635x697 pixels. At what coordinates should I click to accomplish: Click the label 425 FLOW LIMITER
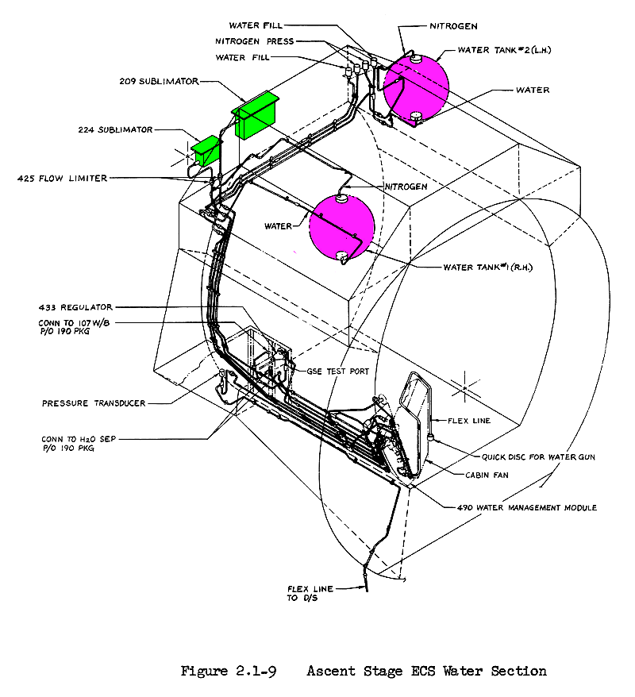62,179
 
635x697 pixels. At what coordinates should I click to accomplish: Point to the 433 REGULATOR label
76,306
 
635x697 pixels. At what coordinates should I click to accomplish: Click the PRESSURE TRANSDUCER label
94,403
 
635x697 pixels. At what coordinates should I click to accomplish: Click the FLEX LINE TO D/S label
310,593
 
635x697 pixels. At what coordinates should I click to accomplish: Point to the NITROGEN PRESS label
253,41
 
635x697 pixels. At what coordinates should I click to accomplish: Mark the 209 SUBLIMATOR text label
159,80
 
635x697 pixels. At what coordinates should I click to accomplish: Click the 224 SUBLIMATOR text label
115,129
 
